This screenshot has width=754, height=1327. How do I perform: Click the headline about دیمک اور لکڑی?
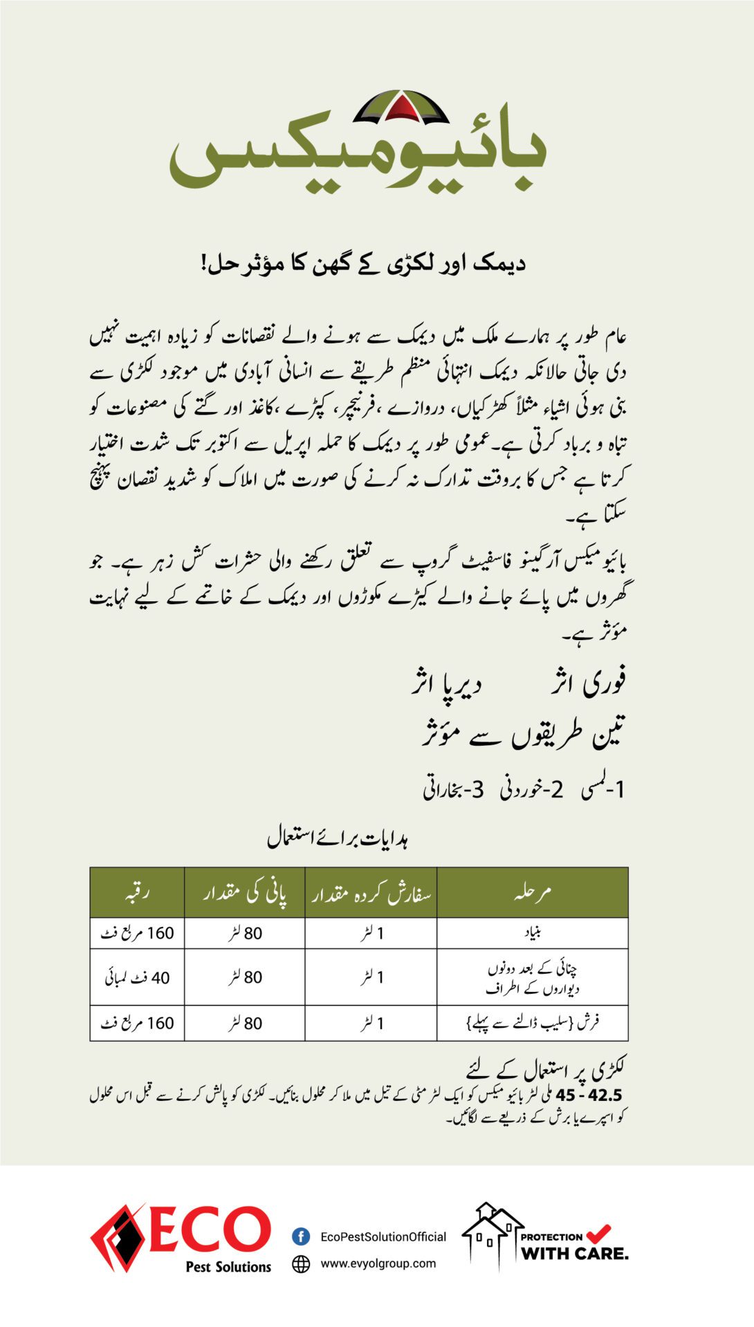click(364, 263)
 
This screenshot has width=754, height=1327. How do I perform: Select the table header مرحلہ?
click(532, 892)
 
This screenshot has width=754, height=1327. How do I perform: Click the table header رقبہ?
click(137, 892)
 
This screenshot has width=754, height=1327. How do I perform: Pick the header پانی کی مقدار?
click(245, 892)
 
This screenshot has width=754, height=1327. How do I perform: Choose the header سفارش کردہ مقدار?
click(371, 892)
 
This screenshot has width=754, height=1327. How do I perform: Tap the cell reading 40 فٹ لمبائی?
click(137, 977)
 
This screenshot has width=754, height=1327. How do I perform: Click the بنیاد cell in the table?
click(532, 933)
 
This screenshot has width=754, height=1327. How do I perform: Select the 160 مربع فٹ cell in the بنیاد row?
click(137, 933)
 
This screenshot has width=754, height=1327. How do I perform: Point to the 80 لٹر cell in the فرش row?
click(245, 1023)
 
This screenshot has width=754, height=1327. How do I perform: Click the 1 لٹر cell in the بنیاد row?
click(371, 933)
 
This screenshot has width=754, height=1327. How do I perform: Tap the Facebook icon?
click(301, 1236)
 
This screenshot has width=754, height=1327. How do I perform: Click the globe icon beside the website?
click(301, 1263)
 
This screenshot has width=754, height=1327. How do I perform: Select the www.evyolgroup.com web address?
click(378, 1263)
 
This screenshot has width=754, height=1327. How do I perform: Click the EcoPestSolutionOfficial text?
click(383, 1236)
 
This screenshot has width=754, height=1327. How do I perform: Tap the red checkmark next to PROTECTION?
click(598, 1232)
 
